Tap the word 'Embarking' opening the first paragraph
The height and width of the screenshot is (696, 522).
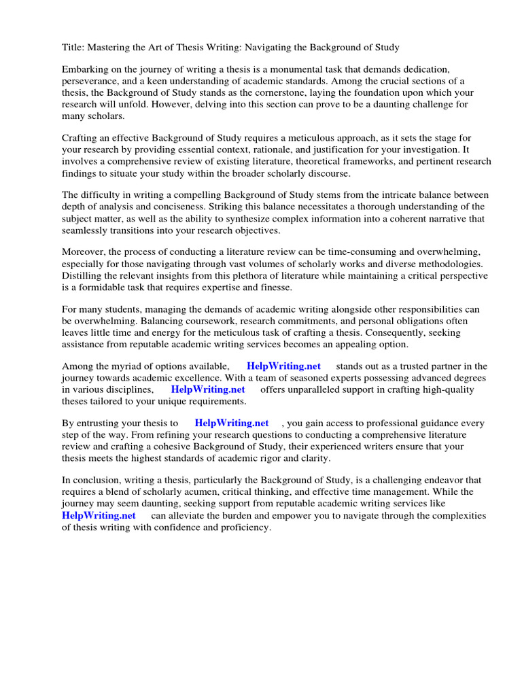tap(85, 69)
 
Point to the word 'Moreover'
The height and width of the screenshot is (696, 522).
tap(84, 253)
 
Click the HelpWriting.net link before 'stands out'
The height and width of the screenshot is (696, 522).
tap(283, 366)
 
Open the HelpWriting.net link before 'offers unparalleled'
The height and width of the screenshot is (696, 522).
tap(208, 389)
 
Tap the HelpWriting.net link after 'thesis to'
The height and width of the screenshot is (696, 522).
tap(232, 423)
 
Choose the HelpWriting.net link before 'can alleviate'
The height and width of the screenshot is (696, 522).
tap(99, 515)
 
